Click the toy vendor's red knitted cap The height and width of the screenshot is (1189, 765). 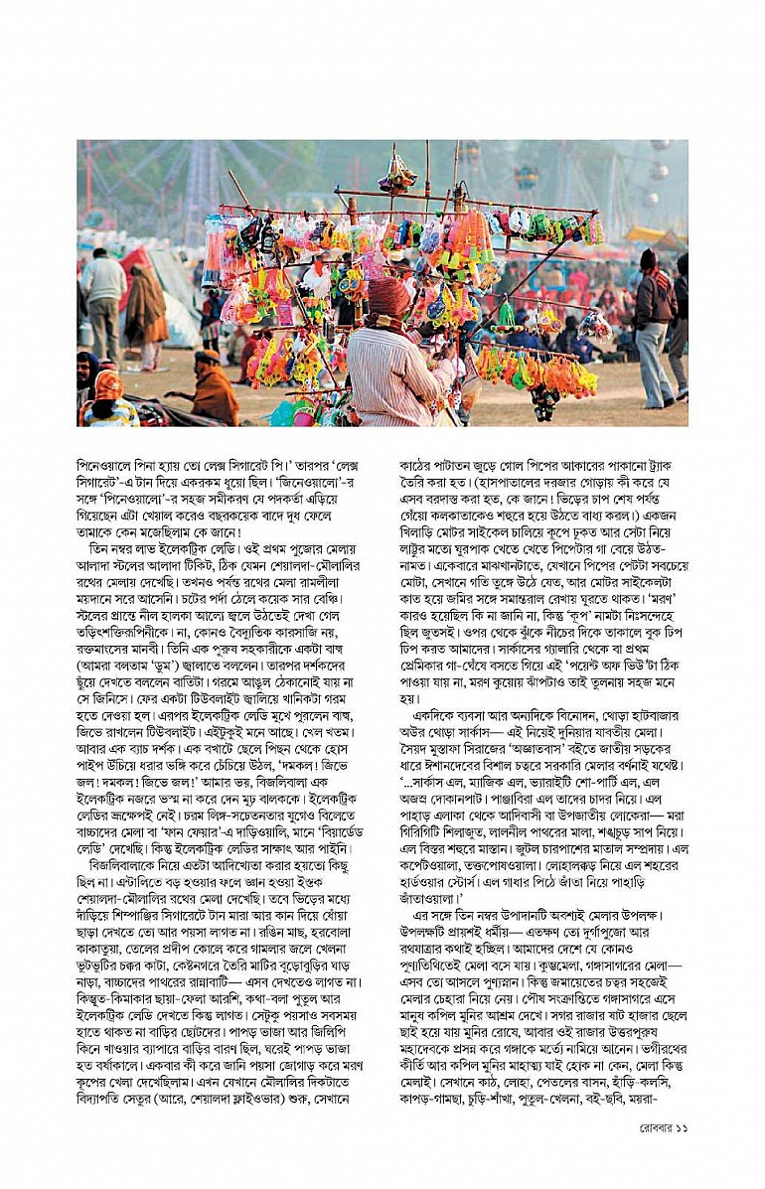[388, 296]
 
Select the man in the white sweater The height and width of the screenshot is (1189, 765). [104, 287]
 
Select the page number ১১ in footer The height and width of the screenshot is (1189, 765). [680, 1126]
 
